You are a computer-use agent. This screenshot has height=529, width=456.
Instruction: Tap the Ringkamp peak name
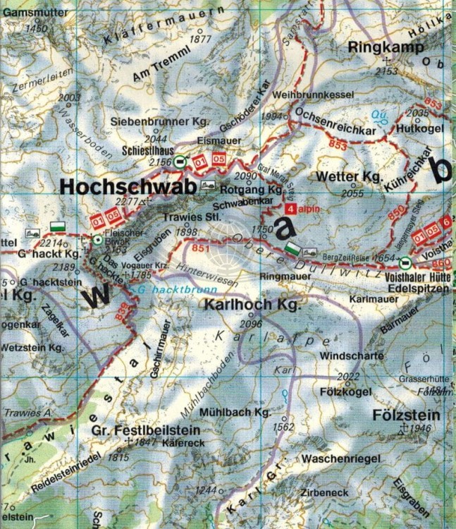(386, 48)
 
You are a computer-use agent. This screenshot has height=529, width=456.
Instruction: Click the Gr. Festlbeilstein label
(145, 430)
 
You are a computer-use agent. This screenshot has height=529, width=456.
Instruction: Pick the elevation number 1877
(201, 39)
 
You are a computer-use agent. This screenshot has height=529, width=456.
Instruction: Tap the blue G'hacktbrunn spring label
(165, 289)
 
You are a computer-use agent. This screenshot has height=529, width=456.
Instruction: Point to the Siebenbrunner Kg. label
(154, 121)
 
